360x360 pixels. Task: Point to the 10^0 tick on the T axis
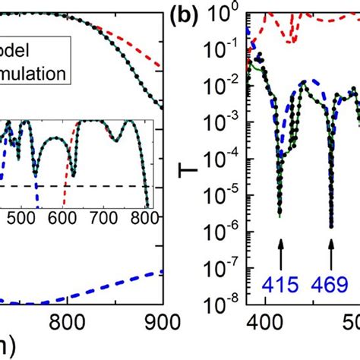[228, 12]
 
